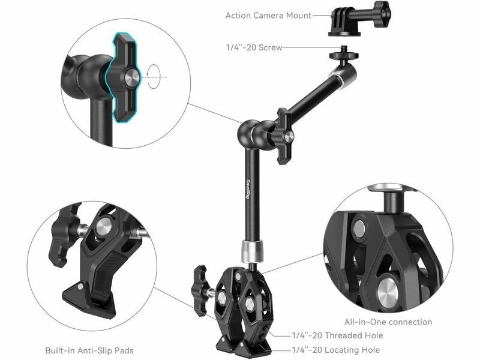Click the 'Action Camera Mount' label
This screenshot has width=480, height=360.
click(268, 16)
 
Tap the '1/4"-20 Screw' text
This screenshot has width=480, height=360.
click(254, 47)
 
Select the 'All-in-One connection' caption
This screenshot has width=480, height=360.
click(388, 322)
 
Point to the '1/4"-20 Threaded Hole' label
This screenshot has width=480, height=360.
click(337, 335)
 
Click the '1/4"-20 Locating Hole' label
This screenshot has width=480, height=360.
click(336, 350)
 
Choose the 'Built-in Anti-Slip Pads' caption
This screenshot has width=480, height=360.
click(89, 350)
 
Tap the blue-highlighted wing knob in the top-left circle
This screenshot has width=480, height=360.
click(124, 78)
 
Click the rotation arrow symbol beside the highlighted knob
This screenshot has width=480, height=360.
click(154, 77)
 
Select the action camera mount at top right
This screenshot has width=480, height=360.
click(360, 19)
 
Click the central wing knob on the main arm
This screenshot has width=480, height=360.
click(284, 136)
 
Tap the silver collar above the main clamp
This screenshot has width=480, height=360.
click(253, 251)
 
